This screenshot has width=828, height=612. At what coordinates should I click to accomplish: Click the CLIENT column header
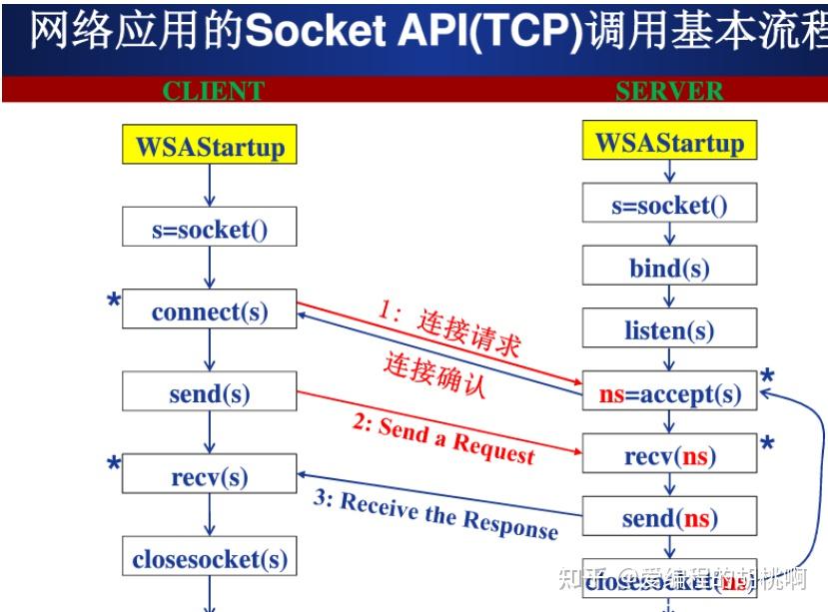pos(213,91)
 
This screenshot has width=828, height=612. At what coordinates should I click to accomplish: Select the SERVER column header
pos(668,91)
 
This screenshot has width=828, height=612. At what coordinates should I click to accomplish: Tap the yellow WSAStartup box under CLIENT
pos(210,147)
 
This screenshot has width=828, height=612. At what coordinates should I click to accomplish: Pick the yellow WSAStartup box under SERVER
pos(669,142)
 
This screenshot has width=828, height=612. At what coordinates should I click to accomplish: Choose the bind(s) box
pos(669,268)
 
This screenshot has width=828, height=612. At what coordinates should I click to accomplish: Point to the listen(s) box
pos(669,329)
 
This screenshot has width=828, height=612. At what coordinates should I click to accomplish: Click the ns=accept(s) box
pos(669,393)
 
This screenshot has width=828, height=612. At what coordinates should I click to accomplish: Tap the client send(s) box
pos(210,392)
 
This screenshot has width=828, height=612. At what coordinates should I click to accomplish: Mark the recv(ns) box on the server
pos(669,456)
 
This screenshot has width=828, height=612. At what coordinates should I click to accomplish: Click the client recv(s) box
pos(210,475)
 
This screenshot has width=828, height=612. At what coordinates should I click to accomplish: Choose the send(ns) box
pos(669,517)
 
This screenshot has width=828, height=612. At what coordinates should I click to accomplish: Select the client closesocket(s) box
pos(210,557)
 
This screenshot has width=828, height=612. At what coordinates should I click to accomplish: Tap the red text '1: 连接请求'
pos(449,329)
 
